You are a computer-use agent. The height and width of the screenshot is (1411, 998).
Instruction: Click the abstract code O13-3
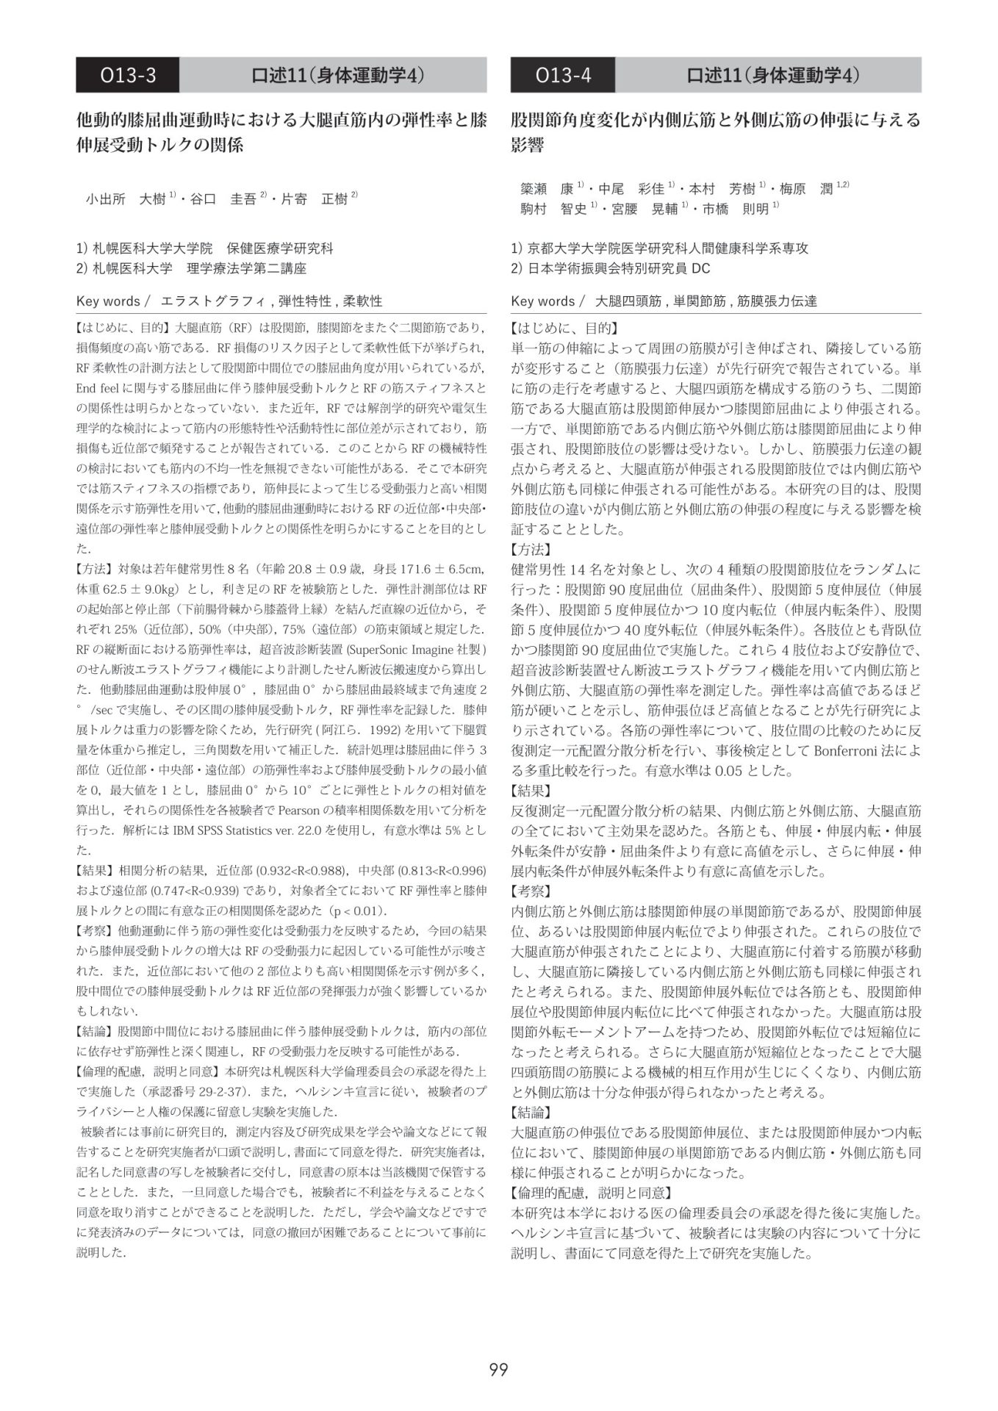pos(128,75)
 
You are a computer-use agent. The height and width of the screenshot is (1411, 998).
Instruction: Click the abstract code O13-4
pos(563,75)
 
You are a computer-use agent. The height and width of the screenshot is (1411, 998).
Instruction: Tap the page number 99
pos(498,1369)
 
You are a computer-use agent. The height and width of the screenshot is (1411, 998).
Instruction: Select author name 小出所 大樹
pos(126,199)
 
